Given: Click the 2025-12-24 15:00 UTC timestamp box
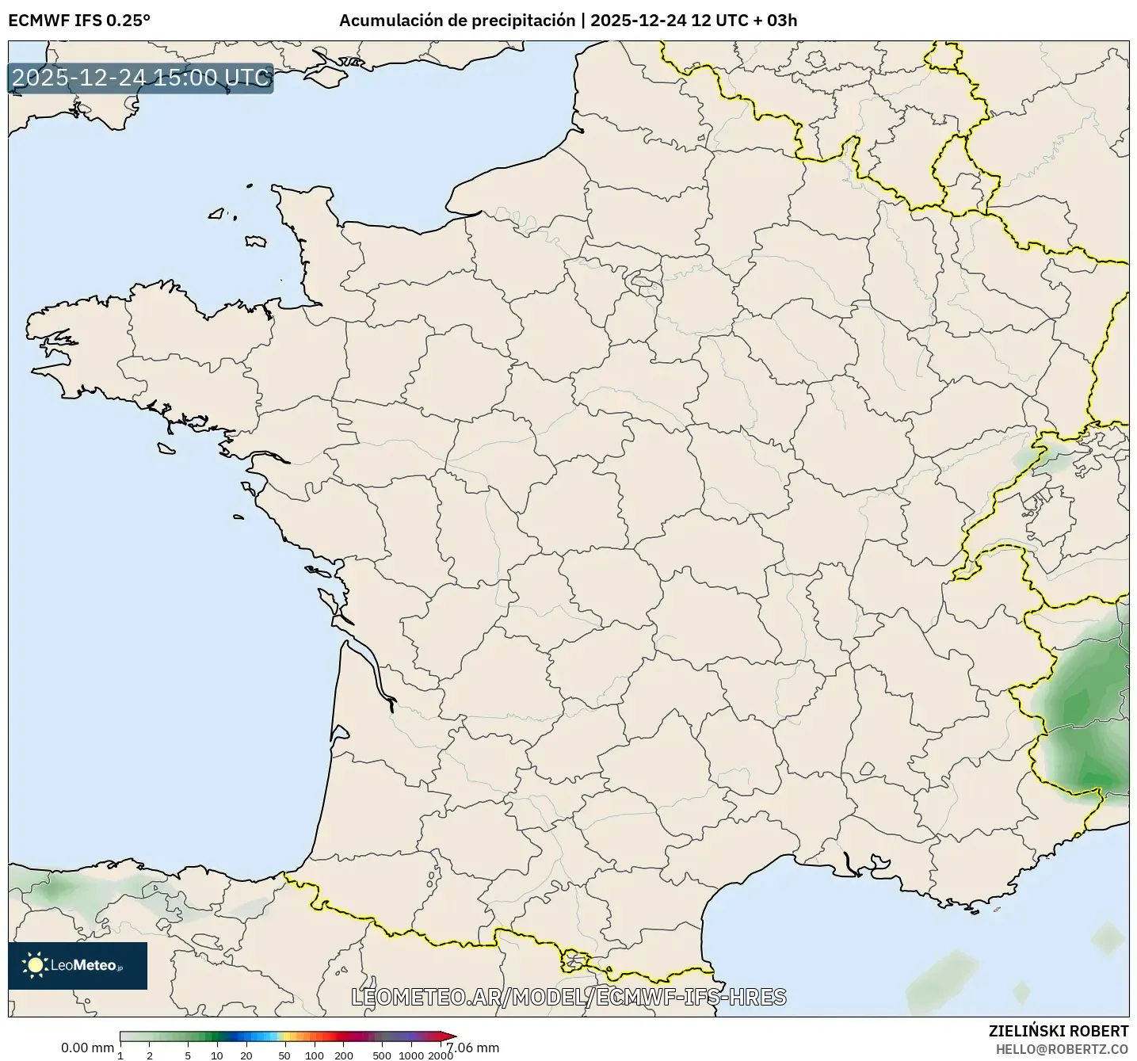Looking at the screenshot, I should [140, 78].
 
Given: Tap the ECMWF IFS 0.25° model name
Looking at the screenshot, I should [79, 21].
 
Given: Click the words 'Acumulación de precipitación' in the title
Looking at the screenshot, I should [457, 21].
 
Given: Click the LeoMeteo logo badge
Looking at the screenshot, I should [78, 965].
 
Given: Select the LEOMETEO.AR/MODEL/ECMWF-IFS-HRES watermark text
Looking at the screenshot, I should [568, 997].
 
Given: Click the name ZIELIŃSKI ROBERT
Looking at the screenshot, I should [1059, 1031].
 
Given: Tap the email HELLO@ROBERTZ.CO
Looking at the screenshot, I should [1062, 1049].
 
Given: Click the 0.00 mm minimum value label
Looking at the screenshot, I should [87, 1048].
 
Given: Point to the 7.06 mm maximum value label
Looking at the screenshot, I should [473, 1048].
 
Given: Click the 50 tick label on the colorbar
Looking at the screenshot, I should [284, 1055].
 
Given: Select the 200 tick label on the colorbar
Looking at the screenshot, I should [344, 1055].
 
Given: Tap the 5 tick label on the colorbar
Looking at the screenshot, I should [188, 1055].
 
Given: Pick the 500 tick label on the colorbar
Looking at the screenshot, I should [383, 1055].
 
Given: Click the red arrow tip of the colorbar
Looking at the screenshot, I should [448, 1036].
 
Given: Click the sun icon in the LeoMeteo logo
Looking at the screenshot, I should [35, 965].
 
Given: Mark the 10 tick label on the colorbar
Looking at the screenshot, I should [217, 1055].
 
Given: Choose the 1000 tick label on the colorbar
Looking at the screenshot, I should [410, 1055].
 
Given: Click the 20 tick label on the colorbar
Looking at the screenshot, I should [246, 1055].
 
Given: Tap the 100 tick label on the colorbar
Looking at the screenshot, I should [315, 1055].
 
